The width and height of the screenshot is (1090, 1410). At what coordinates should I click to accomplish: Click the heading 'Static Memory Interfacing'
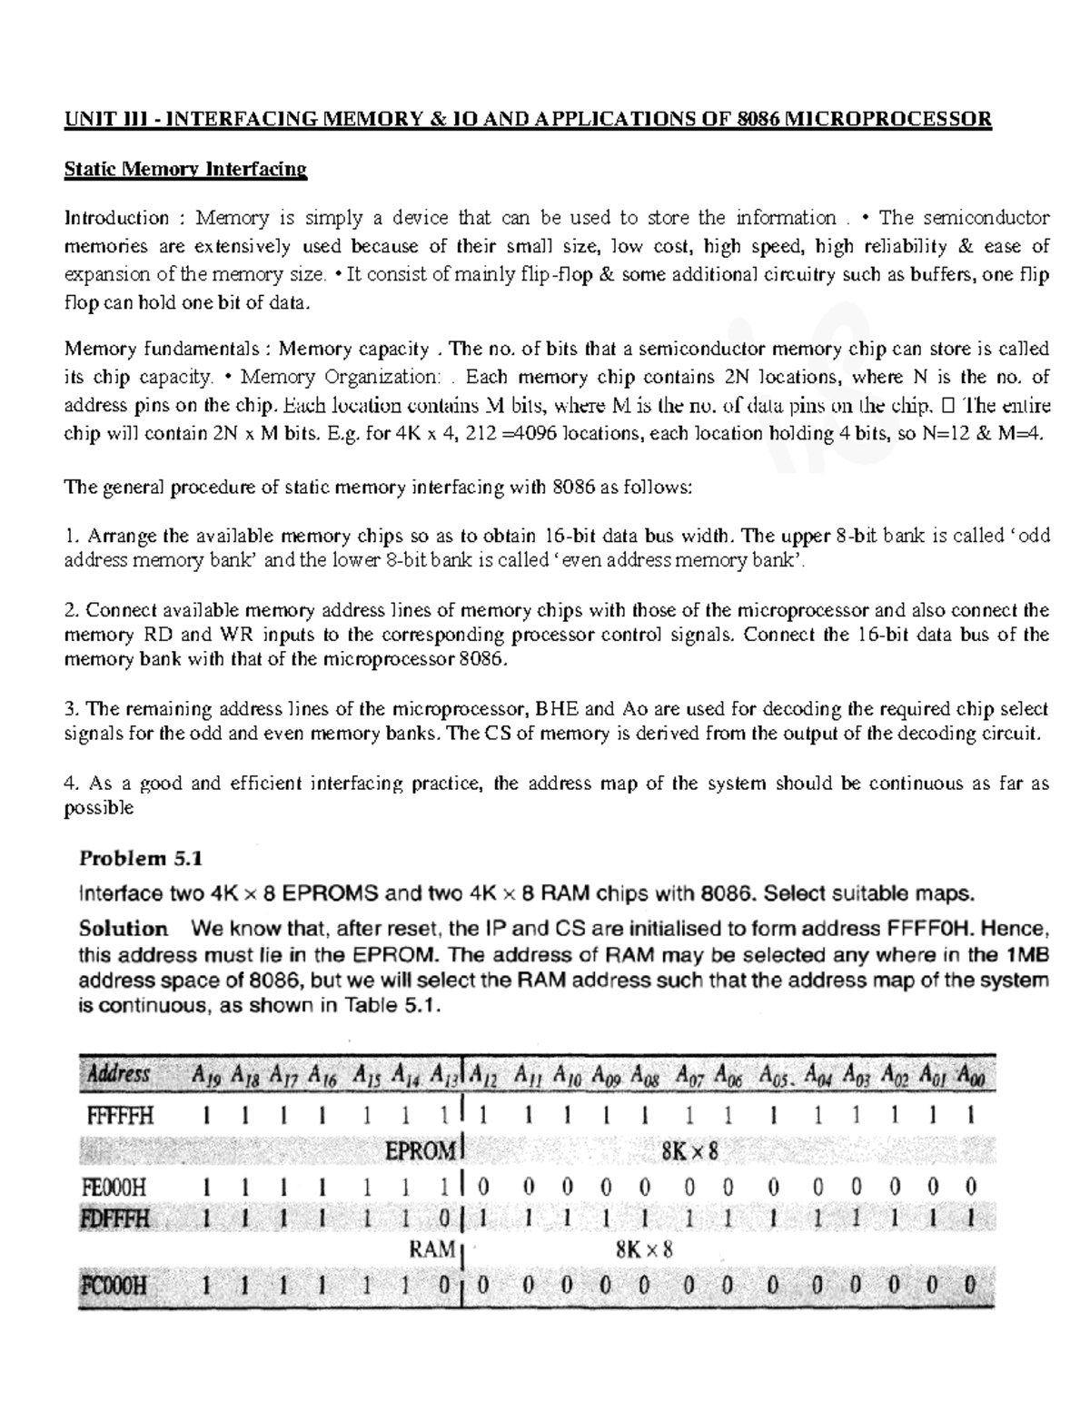click(185, 170)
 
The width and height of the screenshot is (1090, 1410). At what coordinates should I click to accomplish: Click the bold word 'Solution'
click(124, 929)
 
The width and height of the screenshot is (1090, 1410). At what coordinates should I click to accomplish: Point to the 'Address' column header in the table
click(118, 1075)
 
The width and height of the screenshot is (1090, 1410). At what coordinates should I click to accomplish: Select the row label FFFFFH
click(121, 1116)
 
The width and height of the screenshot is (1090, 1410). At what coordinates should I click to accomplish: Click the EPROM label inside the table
click(419, 1151)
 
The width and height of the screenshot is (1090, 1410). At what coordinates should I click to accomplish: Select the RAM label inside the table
click(431, 1250)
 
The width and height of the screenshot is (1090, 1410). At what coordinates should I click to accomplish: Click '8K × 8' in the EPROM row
click(689, 1152)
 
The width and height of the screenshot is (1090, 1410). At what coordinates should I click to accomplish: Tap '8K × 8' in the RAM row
click(644, 1250)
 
